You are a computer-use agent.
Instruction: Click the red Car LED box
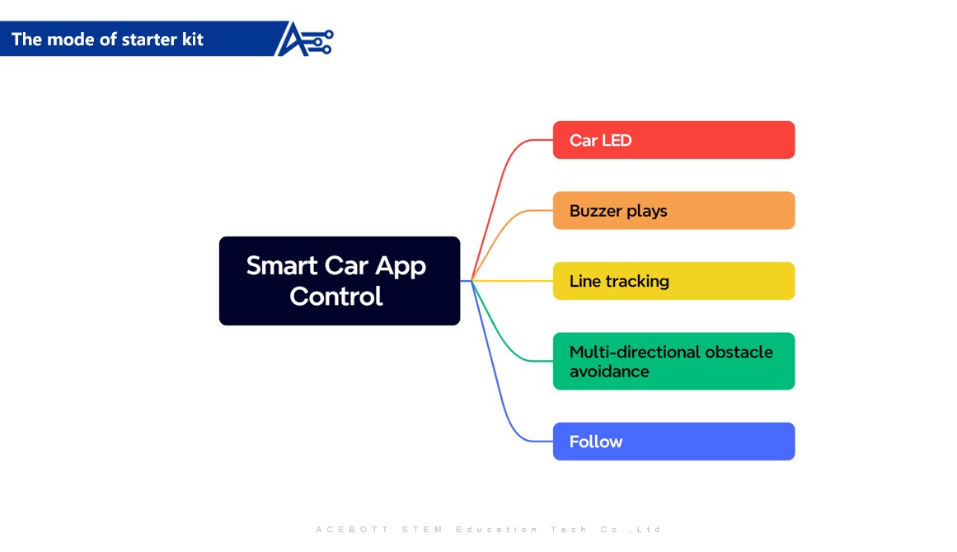coord(673,140)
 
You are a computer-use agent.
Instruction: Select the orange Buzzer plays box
coord(673,211)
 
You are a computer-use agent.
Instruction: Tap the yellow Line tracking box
coord(673,281)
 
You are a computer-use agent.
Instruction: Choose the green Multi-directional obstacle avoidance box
coord(673,361)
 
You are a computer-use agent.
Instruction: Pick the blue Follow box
coord(673,442)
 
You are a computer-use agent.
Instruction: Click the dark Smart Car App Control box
coord(339,281)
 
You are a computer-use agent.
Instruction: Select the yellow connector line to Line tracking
coord(511,281)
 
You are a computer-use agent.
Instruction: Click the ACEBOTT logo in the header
coord(305,40)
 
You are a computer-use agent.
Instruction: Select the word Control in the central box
coord(336,296)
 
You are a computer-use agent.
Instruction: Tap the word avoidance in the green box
coord(609,372)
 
